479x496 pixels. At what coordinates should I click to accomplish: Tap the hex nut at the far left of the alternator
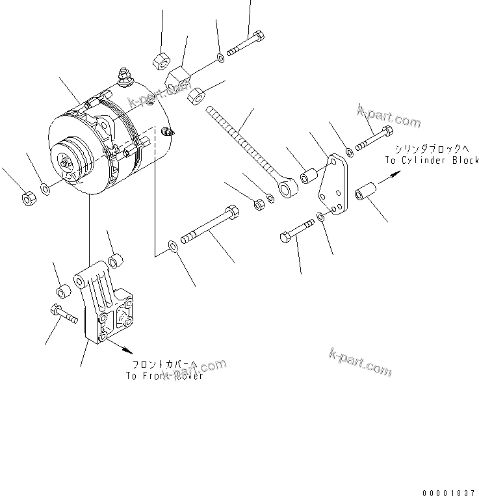click(28, 198)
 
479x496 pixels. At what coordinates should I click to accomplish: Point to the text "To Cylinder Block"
click(431, 160)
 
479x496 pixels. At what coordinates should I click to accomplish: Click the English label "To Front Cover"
click(164, 376)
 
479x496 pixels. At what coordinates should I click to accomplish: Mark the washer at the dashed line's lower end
click(172, 246)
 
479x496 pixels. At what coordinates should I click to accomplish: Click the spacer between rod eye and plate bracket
click(311, 177)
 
